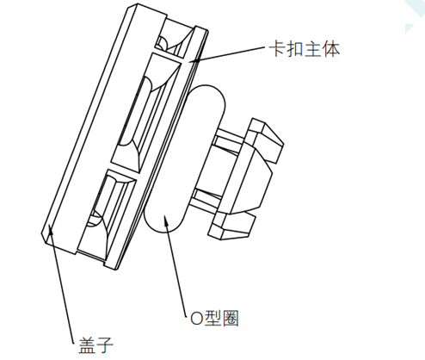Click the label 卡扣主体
pos(305,49)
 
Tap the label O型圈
pos(214,318)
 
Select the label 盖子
pos(95,344)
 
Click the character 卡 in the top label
pos(278,49)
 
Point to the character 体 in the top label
pos(331,49)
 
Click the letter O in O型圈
pos(196,319)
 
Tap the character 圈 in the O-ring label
pos(231,318)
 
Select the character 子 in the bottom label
pos(105,344)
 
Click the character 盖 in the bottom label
pos(87,344)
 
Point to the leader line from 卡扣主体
pos(228,53)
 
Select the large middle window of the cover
pos(145,114)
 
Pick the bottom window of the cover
pos(105,214)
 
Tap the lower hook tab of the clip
pos(232,226)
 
